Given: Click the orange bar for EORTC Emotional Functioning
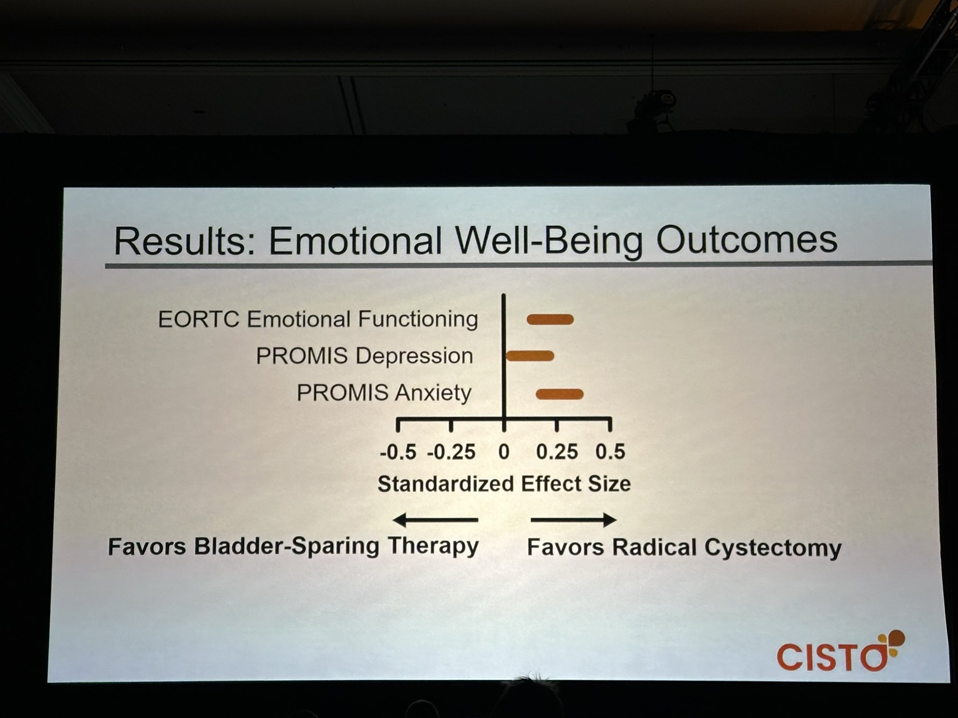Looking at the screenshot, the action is (550, 319).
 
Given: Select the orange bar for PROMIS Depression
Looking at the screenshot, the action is (530, 356).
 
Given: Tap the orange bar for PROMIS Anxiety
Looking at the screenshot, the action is (559, 394).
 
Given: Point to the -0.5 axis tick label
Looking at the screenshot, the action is (398, 452).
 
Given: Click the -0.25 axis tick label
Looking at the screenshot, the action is (451, 452).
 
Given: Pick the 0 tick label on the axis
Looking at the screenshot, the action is (504, 452).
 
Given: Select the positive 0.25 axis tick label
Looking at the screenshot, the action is (557, 452).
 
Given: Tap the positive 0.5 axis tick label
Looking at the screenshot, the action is (610, 452).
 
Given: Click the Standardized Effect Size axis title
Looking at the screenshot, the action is (504, 484).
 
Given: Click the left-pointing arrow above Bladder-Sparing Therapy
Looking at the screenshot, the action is (435, 519).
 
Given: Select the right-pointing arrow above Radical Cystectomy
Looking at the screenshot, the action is (573, 519).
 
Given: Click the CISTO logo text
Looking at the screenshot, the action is (831, 657).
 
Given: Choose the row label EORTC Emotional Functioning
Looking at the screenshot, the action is (318, 319).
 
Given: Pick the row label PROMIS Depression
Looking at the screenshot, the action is (364, 356).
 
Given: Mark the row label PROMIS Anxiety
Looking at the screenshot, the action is (384, 393).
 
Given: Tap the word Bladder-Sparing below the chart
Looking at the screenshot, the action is (286, 546).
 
